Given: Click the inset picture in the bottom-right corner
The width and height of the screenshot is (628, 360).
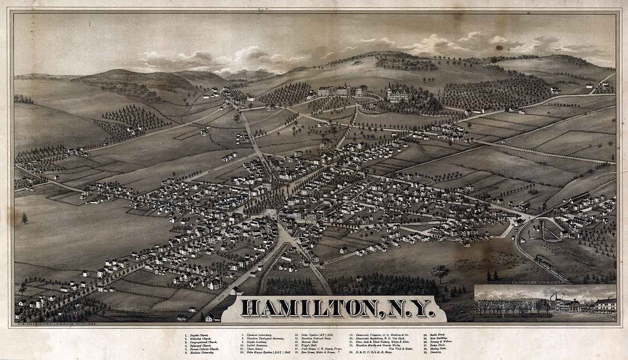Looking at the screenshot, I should click(x=545, y=302).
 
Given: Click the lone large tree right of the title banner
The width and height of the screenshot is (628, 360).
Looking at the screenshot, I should click(x=440, y=271).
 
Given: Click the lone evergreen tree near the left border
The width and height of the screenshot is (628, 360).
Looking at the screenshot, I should click(x=24, y=218).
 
